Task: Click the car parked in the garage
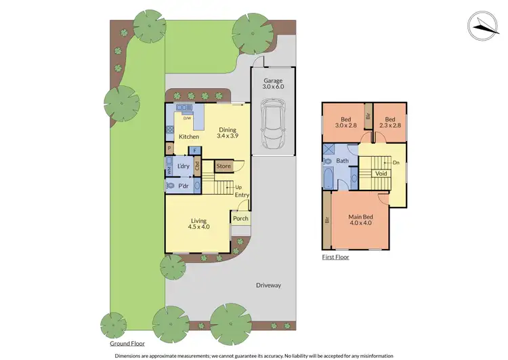point(274,125)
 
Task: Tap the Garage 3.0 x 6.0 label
point(274,84)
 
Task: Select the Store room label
point(223,166)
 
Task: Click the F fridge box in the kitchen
point(195,151)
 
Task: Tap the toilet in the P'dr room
point(171,185)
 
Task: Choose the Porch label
point(240,218)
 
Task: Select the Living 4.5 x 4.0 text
point(198,224)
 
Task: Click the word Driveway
point(268,285)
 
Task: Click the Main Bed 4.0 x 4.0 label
point(362,220)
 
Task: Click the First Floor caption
point(335,258)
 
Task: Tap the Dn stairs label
point(395,163)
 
